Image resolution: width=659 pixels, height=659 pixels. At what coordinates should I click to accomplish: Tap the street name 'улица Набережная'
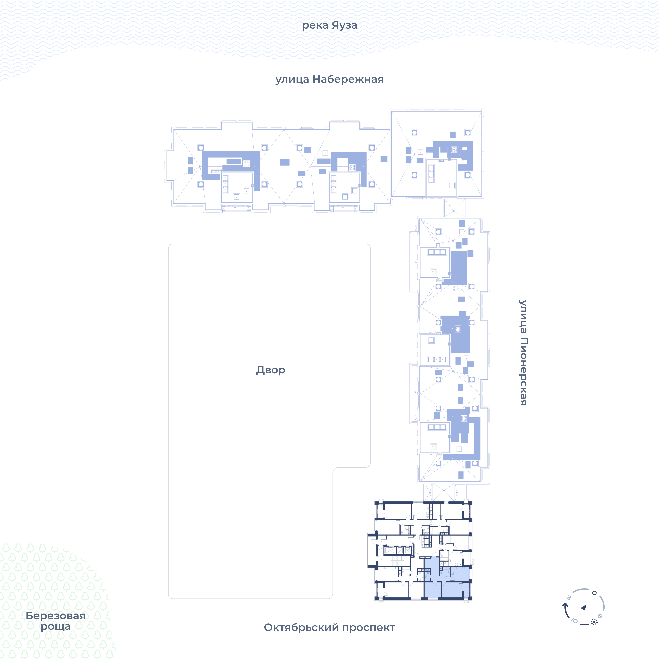point(329,79)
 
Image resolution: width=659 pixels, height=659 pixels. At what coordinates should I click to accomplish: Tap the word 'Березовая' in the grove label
point(56,616)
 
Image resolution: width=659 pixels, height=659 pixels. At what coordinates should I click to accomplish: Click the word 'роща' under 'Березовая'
point(56,627)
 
